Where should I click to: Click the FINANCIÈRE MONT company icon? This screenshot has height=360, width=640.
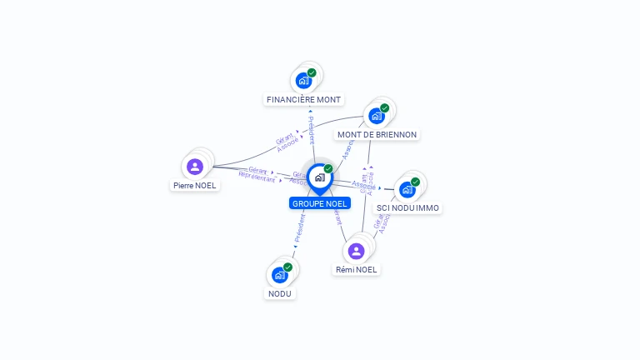click(x=303, y=82)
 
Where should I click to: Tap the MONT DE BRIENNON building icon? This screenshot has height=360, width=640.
click(x=377, y=116)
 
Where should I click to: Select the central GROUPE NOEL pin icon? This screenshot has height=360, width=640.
click(x=319, y=177)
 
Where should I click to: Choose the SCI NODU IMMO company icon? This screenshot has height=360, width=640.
click(x=407, y=189)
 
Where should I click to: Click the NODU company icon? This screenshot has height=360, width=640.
click(x=279, y=275)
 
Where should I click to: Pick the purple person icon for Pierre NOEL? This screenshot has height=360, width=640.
click(x=195, y=166)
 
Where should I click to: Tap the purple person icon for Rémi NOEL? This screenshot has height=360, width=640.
click(x=357, y=251)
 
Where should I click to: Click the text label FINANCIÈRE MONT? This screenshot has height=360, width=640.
click(x=303, y=100)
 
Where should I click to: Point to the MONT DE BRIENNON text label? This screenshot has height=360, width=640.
click(x=377, y=134)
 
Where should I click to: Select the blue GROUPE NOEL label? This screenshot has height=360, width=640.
click(x=320, y=203)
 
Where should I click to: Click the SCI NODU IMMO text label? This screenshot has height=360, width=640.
click(x=407, y=207)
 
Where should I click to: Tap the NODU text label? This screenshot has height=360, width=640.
click(x=280, y=293)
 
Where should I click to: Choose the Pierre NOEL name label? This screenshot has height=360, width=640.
click(x=196, y=185)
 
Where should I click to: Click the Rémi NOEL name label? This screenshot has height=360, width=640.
click(x=357, y=269)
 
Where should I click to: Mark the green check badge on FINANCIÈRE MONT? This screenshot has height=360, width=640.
click(x=312, y=72)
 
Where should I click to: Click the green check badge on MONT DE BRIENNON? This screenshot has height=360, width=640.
click(x=385, y=107)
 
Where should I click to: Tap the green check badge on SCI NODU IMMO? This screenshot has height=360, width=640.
click(x=415, y=181)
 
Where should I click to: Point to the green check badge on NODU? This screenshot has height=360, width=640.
click(x=287, y=267)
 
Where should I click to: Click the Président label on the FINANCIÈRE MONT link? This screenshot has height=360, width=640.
click(x=312, y=131)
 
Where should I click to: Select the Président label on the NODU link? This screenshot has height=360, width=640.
click(x=298, y=227)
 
